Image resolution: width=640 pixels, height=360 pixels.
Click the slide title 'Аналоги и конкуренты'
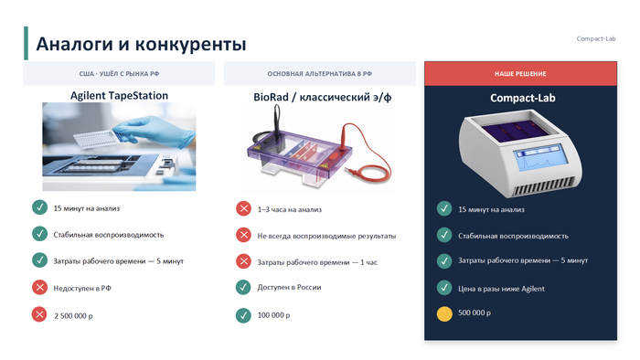(x=141, y=44)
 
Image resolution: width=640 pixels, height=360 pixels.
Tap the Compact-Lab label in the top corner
(x=596, y=38)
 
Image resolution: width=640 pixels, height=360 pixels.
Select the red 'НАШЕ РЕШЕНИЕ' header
(x=520, y=74)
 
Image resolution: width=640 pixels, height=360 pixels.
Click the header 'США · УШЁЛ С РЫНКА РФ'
(x=119, y=74)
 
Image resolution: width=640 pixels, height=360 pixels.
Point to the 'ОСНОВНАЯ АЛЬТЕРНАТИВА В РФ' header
(x=320, y=74)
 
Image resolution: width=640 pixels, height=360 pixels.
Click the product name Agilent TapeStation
(x=119, y=95)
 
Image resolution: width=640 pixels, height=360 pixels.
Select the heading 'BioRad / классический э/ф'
(x=323, y=97)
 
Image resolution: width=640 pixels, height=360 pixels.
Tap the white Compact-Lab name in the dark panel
(x=523, y=98)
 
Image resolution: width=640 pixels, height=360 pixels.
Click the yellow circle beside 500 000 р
(x=444, y=314)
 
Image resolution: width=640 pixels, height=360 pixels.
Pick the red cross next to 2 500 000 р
(x=39, y=314)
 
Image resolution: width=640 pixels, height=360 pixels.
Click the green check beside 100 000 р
(x=244, y=315)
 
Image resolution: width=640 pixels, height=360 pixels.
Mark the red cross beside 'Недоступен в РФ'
(x=39, y=288)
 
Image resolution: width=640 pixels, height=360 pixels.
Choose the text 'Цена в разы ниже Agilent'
(x=501, y=289)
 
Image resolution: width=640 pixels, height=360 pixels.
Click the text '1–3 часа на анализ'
(x=290, y=209)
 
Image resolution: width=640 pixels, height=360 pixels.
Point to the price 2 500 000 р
(x=73, y=315)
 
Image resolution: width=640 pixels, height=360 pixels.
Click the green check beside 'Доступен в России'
(x=244, y=287)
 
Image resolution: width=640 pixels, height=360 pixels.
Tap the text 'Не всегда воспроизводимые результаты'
(x=326, y=236)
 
